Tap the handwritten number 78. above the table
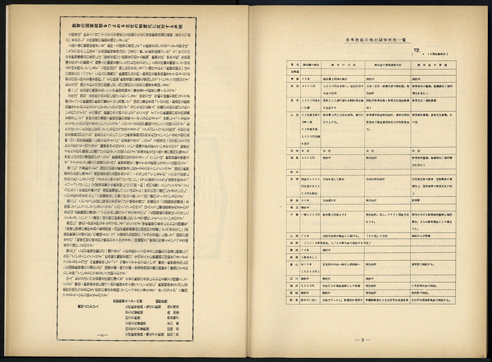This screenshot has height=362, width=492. point(417,50)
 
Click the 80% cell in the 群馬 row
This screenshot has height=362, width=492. point(306,200)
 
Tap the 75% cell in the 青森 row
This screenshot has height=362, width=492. point(306,79)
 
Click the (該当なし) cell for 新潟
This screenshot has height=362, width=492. point(310,257)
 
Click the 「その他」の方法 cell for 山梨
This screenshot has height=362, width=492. point(378,236)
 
